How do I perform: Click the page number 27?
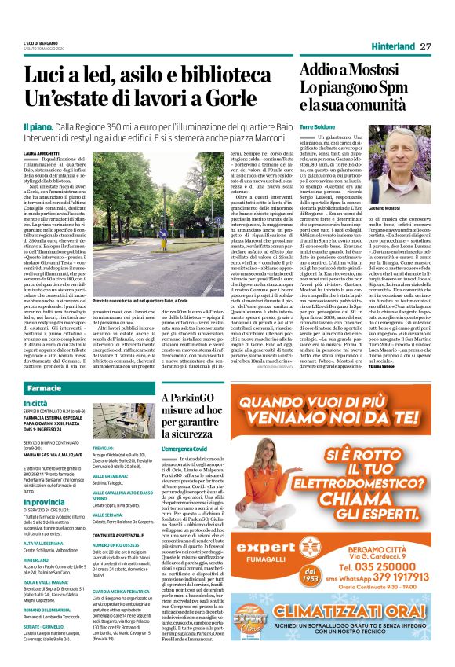point(426,46)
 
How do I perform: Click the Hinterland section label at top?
point(388,47)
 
